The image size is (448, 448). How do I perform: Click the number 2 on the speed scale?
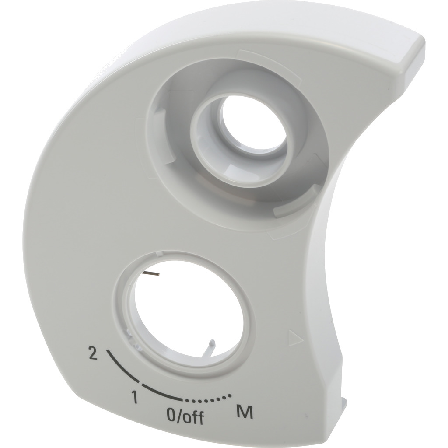point(93,353)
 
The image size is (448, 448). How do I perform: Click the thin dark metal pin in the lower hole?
point(152,273)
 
